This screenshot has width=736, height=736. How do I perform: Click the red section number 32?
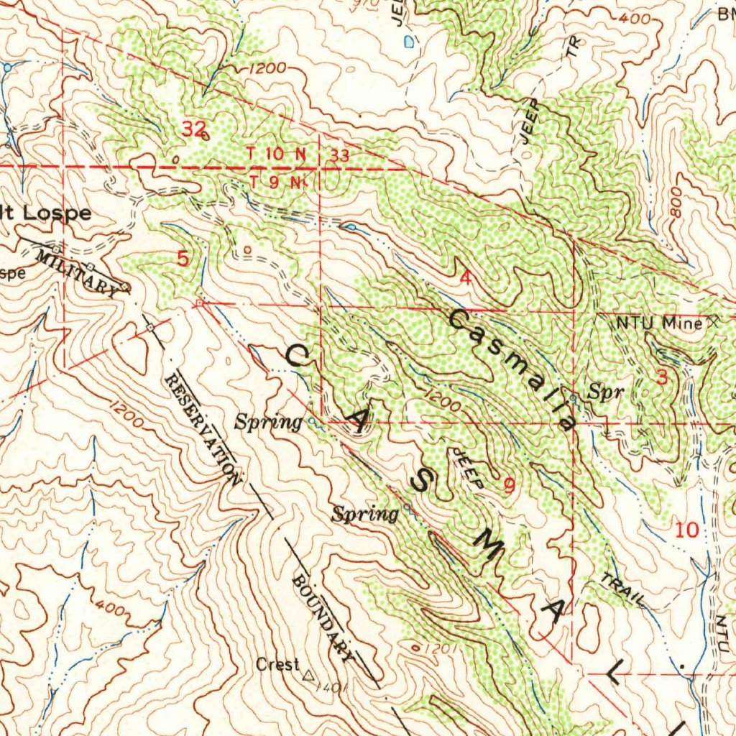(193, 129)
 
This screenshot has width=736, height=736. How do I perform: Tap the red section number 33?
(340, 155)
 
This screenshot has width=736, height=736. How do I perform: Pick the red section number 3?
(662, 377)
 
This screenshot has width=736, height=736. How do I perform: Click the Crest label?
(277, 665)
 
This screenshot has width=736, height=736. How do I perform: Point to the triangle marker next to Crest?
(310, 676)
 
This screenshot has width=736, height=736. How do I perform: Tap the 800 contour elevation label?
(675, 208)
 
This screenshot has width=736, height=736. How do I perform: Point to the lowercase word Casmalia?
(512, 370)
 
